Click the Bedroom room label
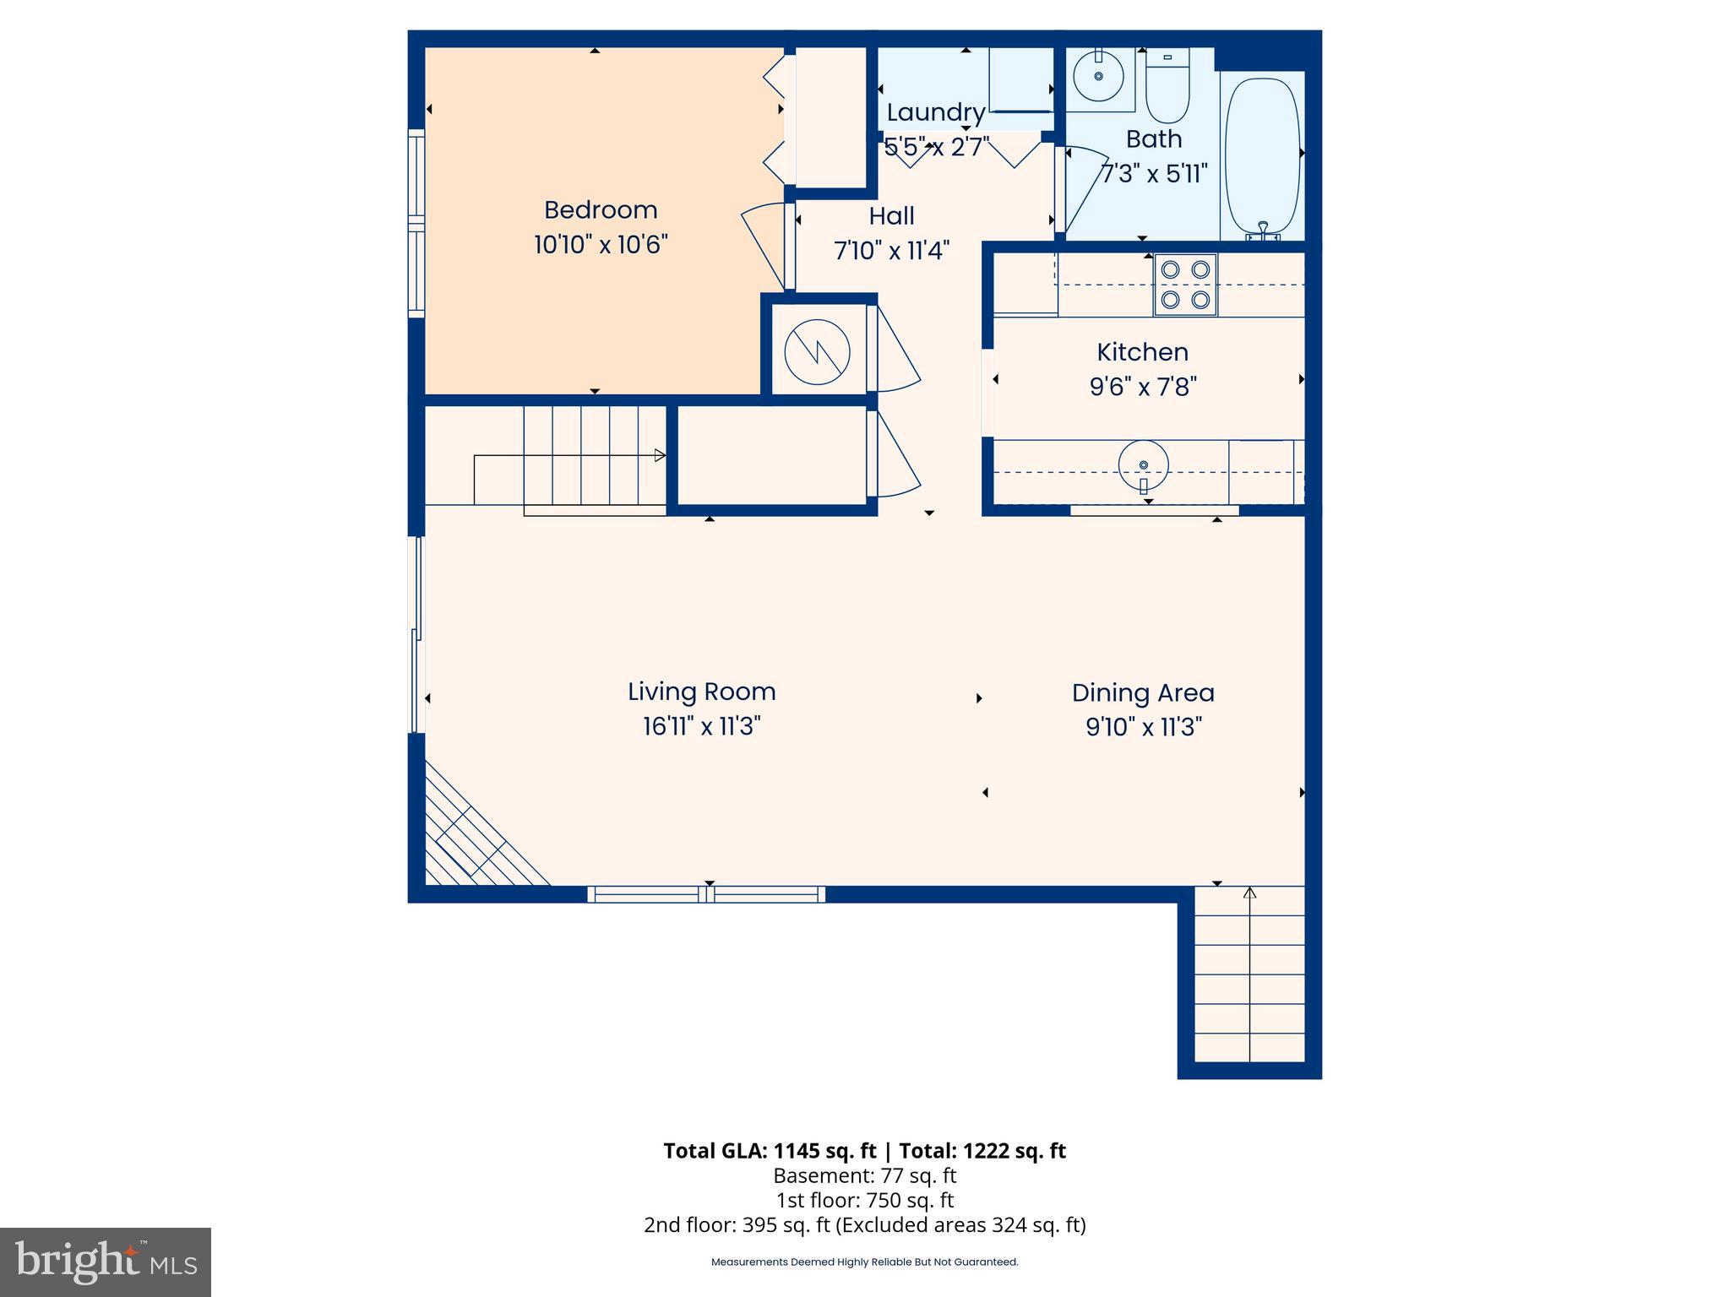600,209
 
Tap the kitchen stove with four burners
1185,285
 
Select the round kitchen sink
1143,465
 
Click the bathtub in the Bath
1262,156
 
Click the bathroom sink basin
1099,76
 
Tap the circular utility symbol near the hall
817,351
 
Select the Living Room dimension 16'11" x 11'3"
701,726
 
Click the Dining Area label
1143,692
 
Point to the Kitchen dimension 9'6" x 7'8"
1143,387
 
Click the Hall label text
891,216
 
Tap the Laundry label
935,112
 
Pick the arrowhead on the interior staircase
660,456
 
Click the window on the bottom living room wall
706,894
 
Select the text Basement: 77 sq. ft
864,1175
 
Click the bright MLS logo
106,1262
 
